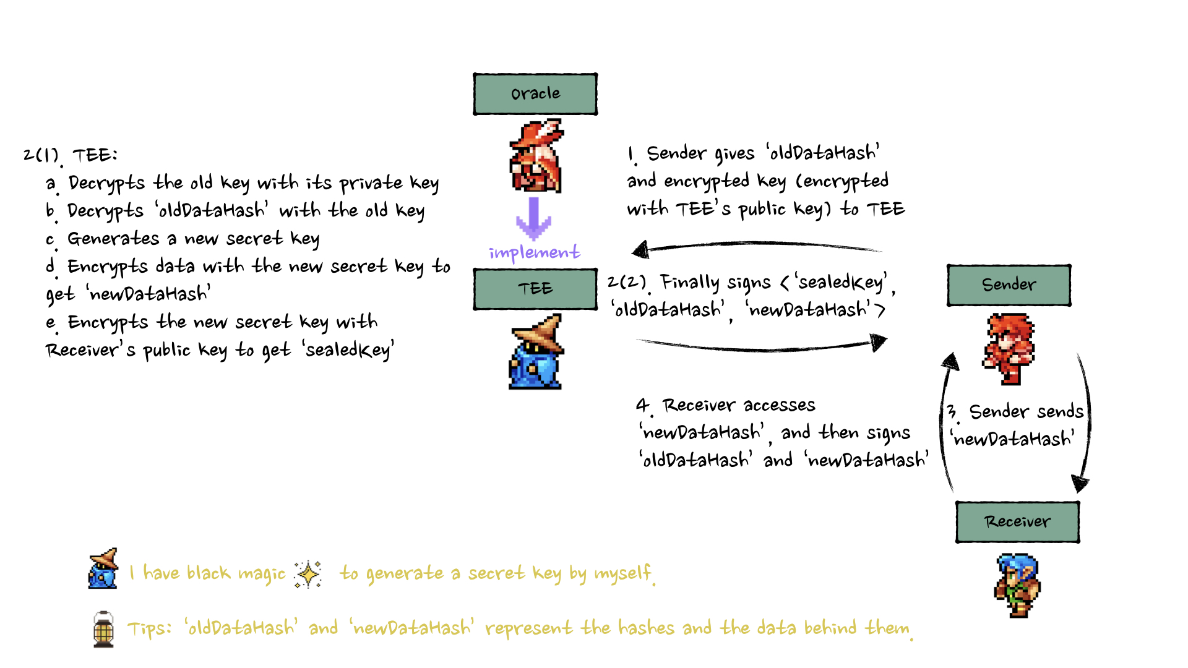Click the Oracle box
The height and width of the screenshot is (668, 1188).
point(535,94)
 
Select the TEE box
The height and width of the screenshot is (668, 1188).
point(535,289)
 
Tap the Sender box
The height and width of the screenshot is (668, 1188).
point(1009,285)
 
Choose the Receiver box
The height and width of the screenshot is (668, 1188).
point(1017,522)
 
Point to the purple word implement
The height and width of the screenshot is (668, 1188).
point(535,252)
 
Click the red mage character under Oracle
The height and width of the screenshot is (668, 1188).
point(536,156)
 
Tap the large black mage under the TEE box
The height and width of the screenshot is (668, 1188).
point(536,352)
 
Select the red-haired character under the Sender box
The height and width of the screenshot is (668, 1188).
point(1009,348)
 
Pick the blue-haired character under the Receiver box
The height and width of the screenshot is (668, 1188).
point(1017,585)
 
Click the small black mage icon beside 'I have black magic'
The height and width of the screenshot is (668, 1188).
point(103,568)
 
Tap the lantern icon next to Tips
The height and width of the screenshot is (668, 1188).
point(103,629)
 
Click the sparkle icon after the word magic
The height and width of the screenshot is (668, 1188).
point(308,574)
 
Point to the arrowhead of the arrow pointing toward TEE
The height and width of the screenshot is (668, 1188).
point(640,250)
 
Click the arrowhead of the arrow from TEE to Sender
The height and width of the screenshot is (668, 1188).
point(879,342)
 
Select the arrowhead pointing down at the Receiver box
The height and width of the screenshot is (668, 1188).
point(1080,484)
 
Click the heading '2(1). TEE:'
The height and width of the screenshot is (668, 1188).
point(70,155)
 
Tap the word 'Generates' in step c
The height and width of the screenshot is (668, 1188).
point(113,239)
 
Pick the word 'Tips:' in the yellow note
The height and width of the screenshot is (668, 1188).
point(149,629)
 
